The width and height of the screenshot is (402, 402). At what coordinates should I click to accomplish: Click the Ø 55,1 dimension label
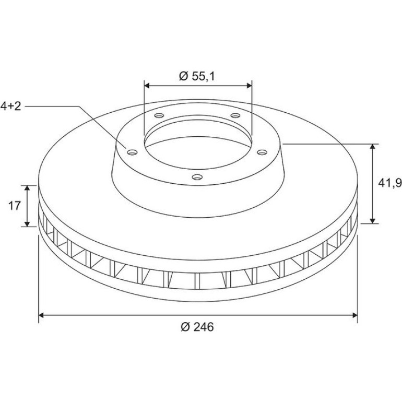click(x=197, y=76)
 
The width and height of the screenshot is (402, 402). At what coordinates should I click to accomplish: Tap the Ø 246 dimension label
click(x=197, y=327)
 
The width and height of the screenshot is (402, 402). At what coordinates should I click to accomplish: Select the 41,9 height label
click(x=389, y=183)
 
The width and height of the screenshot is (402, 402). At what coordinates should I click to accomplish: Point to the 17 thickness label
click(x=15, y=206)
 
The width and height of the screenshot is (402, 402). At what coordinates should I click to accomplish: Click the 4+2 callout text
click(x=10, y=106)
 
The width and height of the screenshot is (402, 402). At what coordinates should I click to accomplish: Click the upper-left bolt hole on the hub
click(x=159, y=115)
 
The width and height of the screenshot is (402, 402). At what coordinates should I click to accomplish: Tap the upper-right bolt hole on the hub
click(x=235, y=115)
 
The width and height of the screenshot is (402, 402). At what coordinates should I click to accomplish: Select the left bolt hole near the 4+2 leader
click(x=132, y=152)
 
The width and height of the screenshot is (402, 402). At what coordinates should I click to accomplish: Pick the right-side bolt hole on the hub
click(x=262, y=152)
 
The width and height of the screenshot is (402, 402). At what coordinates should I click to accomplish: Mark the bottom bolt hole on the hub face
click(x=197, y=177)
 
